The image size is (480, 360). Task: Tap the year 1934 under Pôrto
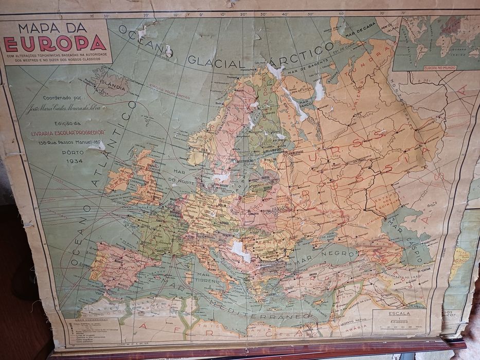tap(75, 161)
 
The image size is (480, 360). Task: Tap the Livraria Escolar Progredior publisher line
tap(75, 132)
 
